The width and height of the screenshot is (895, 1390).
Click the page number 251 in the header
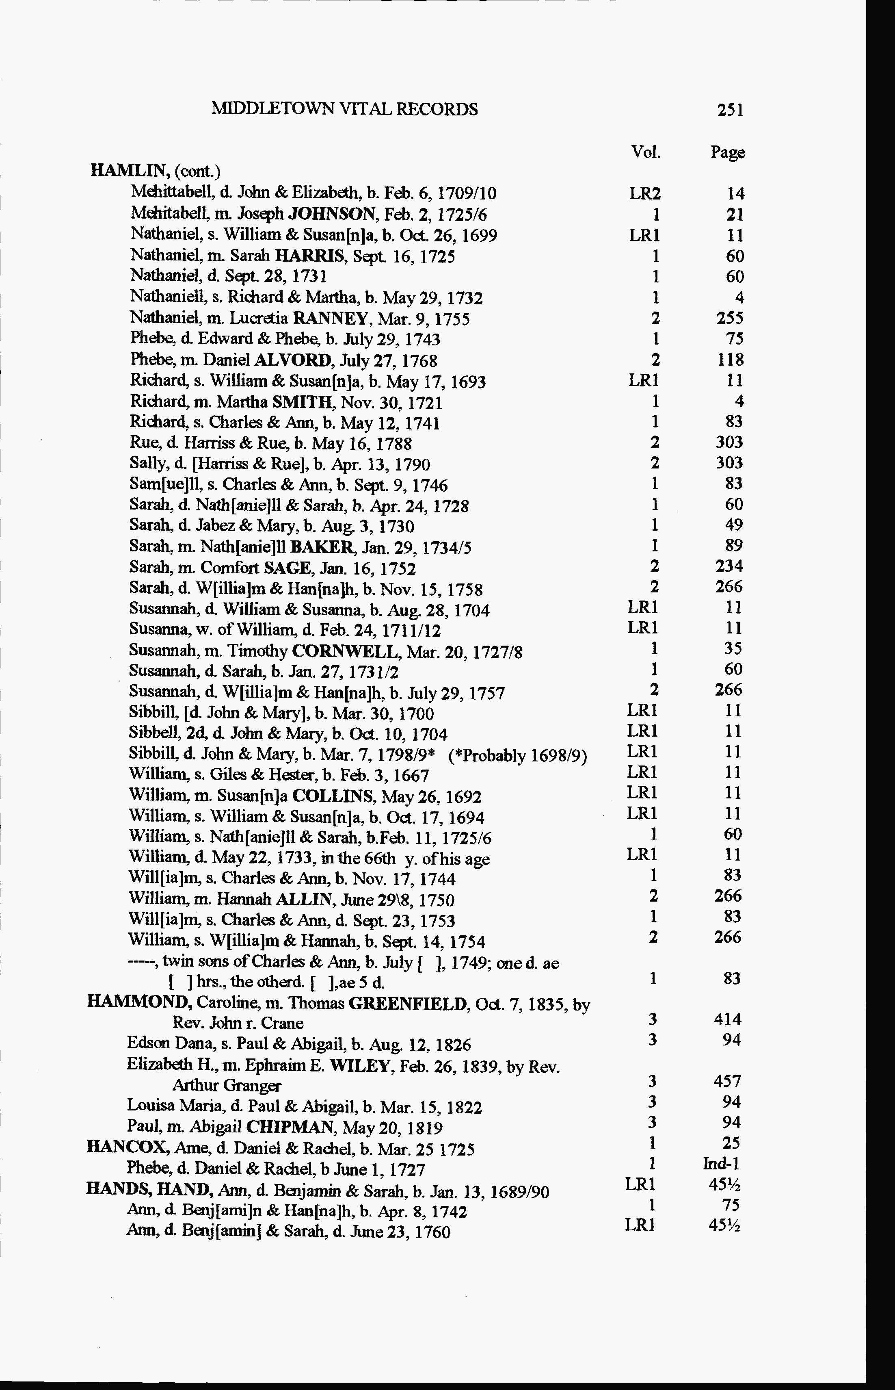point(730,110)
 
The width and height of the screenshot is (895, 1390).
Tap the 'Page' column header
point(727,152)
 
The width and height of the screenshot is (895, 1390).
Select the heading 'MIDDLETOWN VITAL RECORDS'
point(345,109)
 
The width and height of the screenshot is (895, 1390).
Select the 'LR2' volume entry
point(645,193)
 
